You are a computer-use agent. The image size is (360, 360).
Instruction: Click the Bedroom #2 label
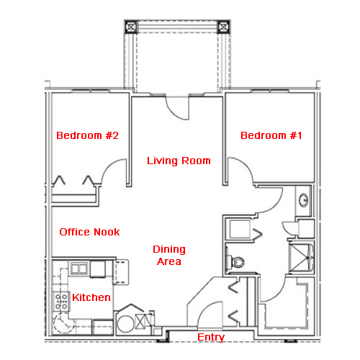point(87,135)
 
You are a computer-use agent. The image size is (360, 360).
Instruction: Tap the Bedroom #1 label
point(271,135)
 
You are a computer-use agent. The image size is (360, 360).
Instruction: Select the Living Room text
point(179,161)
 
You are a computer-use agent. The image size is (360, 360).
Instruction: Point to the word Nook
point(107,232)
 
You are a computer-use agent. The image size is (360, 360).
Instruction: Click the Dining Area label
point(169,255)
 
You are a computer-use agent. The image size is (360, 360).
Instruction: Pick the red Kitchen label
point(91,297)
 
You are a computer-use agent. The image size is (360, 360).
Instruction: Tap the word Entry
point(211,337)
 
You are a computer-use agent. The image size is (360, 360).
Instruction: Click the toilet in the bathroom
point(235,261)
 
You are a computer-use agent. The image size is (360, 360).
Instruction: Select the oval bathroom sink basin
point(304,199)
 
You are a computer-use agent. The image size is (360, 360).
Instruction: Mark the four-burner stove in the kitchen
point(61,302)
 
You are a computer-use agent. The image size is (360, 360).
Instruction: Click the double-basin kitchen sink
point(79,269)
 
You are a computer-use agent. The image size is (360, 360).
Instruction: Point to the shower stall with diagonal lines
point(301,258)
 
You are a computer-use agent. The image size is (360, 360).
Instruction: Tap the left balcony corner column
point(131,27)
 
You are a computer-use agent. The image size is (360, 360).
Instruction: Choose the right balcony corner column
point(224,27)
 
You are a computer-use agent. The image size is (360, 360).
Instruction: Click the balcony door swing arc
point(175,113)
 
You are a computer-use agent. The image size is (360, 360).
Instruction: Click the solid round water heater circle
point(125,324)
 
